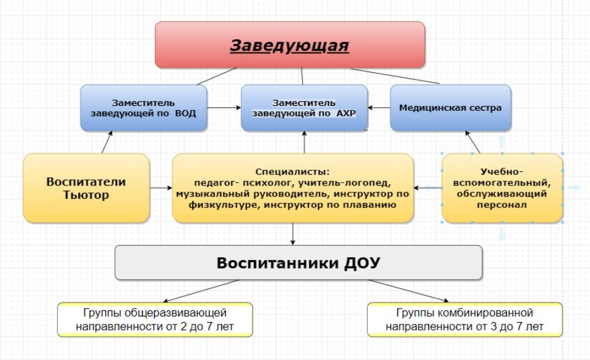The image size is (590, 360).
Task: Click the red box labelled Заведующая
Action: tap(290, 45)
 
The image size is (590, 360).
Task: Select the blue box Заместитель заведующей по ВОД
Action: tap(144, 108)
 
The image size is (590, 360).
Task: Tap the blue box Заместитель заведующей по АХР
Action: tap(304, 108)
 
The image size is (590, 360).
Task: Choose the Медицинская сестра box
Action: tap(451, 108)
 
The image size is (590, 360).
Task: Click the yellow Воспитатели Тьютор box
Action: tap(86, 188)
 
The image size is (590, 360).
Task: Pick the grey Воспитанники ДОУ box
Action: tap(299, 263)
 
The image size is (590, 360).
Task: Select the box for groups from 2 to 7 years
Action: tap(155, 320)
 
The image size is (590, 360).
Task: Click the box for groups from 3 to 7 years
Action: tap(465, 320)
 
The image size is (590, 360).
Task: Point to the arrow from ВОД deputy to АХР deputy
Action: tap(224, 108)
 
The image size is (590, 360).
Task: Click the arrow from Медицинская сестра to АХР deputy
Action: tap(379, 108)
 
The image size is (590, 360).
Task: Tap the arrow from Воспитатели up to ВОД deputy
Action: tap(107, 142)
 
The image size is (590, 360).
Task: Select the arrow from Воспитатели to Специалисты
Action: tap(161, 187)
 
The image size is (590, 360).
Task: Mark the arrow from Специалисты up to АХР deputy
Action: tap(304, 142)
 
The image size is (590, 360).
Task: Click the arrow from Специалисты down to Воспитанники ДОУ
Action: tap(293, 234)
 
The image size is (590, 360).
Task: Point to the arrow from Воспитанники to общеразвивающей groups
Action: tap(201, 291)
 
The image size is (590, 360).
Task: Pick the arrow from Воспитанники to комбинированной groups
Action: tap(408, 291)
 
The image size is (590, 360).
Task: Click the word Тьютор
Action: tap(86, 195)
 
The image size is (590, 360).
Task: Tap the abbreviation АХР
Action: tap(346, 113)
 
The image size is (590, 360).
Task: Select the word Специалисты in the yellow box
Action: tap(293, 171)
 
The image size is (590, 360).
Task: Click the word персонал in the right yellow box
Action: tap(502, 205)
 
